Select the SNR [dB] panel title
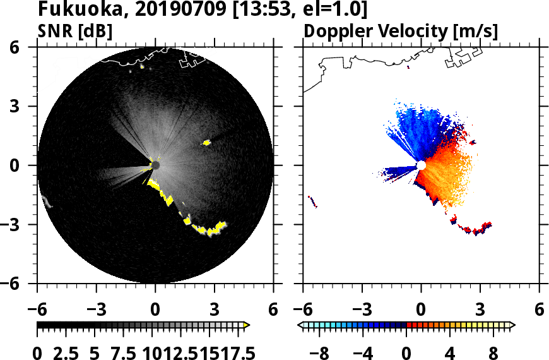pyautogui.click(x=75, y=31)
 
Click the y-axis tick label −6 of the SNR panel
pyautogui.click(x=24, y=284)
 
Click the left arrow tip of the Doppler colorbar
pyautogui.click(x=300, y=325)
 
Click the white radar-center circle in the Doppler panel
pyautogui.click(x=421, y=165)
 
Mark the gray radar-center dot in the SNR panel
pyautogui.click(x=155, y=165)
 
